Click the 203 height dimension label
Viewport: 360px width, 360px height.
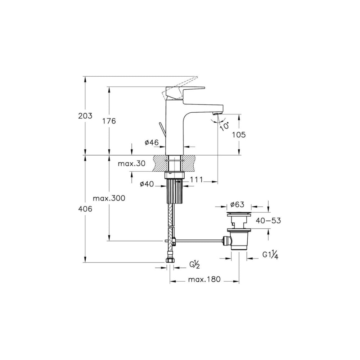tap(85, 116)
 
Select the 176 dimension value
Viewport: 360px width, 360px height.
tap(109, 121)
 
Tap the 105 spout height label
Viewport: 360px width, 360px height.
tap(239, 135)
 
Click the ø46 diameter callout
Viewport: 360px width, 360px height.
tap(152, 143)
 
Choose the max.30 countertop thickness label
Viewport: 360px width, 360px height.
tap(131, 163)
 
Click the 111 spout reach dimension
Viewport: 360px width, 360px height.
tap(197, 180)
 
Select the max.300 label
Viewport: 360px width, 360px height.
tap(109, 198)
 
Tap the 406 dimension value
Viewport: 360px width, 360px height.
tap(85, 209)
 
